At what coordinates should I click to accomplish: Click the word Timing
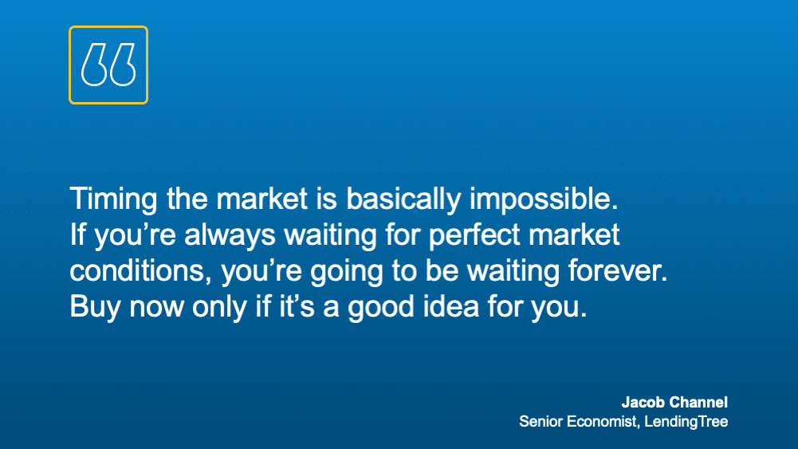click(113, 199)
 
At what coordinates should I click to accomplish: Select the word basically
click(403, 199)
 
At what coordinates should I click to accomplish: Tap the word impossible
click(544, 199)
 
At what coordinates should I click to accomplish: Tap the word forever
click(618, 270)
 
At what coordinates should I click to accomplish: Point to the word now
click(156, 309)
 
